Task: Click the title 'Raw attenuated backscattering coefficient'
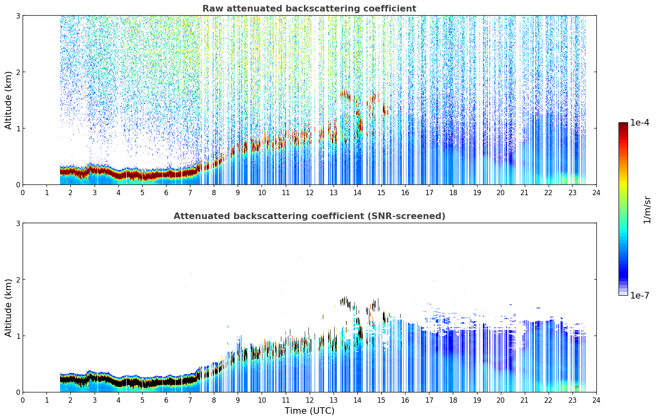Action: click(x=309, y=9)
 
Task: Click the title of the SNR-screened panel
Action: click(x=309, y=216)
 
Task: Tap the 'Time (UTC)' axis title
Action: click(x=309, y=411)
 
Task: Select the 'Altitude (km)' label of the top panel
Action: click(x=8, y=100)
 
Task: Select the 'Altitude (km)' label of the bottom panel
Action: click(x=8, y=308)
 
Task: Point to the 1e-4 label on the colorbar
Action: click(x=640, y=123)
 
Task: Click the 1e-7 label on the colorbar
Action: click(x=640, y=295)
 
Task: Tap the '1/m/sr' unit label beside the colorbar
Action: click(x=647, y=210)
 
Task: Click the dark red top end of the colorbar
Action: click(x=623, y=124)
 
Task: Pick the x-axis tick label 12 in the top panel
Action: click(x=310, y=193)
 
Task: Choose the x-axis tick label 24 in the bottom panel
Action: click(x=596, y=400)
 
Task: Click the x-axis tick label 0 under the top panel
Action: click(x=23, y=193)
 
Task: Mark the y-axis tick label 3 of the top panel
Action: click(x=18, y=16)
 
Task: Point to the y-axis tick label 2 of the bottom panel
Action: click(x=18, y=280)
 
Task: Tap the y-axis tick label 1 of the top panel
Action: click(x=18, y=128)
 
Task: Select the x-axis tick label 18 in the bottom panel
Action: click(x=453, y=400)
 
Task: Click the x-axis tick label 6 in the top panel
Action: click(x=166, y=193)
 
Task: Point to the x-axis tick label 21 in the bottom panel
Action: click(x=524, y=400)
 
